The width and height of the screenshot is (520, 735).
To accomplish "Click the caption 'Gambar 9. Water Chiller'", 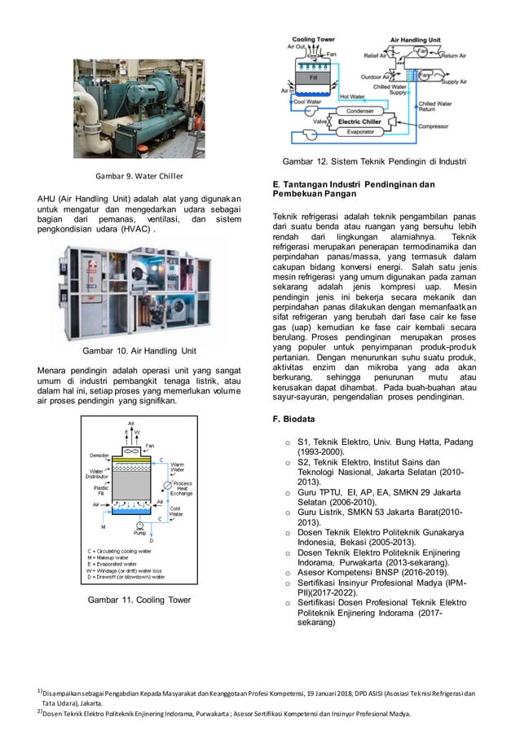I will tap(138, 175).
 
